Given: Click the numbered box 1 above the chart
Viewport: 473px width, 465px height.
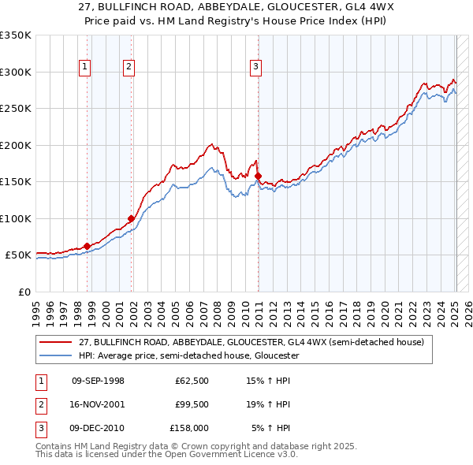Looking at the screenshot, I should [x=84, y=68].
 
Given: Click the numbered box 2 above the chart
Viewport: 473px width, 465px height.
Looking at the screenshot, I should [x=128, y=68].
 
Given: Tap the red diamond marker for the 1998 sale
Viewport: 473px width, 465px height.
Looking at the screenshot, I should [x=87, y=246].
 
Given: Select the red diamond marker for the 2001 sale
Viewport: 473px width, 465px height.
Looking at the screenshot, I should [x=131, y=219].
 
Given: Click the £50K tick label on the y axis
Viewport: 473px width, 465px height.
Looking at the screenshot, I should [x=18, y=255].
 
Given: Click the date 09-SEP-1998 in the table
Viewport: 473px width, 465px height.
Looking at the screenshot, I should [x=98, y=381].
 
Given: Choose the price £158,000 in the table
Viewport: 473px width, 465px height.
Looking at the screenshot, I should [x=189, y=428].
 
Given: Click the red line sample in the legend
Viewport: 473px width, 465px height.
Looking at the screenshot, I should [x=56, y=342].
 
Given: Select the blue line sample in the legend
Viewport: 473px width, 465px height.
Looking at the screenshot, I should [x=56, y=355].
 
